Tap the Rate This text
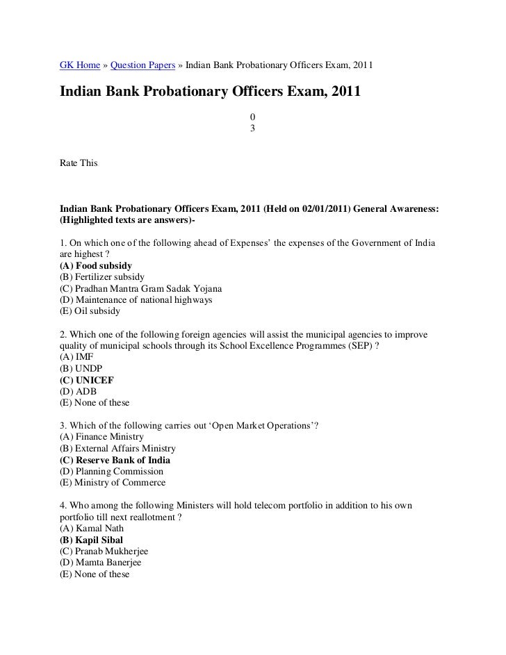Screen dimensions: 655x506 click(79, 163)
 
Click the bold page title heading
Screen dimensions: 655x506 click(210, 91)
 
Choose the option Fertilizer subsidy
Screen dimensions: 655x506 click(102, 276)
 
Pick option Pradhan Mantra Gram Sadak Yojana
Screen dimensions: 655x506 click(141, 288)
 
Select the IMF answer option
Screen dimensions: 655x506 click(76, 357)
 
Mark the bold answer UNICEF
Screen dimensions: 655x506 click(87, 380)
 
